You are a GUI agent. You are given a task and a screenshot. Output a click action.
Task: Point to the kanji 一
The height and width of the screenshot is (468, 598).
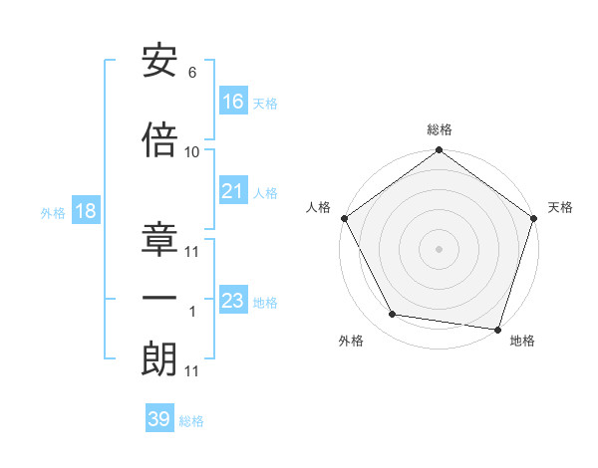(x=159, y=299)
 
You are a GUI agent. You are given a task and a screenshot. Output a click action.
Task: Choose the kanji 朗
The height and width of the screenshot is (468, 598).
(x=159, y=359)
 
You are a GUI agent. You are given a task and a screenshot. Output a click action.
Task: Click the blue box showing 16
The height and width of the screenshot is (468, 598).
(x=233, y=102)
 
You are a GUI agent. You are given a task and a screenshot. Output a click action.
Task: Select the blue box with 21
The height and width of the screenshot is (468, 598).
(x=233, y=191)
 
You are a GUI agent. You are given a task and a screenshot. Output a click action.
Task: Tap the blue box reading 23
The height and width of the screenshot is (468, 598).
(x=233, y=301)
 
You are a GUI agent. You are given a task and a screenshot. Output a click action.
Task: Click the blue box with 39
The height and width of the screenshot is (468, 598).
(x=159, y=419)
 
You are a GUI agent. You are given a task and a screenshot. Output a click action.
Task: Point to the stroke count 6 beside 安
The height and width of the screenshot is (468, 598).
(x=191, y=73)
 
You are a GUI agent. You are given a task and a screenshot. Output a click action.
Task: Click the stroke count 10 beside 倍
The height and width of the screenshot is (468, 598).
(x=192, y=151)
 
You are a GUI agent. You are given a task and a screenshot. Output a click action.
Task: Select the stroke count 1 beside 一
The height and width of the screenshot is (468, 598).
(x=192, y=312)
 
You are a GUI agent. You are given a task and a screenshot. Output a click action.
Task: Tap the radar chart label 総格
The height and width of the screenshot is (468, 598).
(x=439, y=129)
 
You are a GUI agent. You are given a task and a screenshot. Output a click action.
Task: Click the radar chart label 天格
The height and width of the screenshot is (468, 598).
(x=560, y=207)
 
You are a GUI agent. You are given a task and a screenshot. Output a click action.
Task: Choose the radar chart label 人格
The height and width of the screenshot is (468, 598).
(x=319, y=207)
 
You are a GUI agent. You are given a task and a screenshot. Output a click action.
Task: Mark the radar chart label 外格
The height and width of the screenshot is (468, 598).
(x=351, y=341)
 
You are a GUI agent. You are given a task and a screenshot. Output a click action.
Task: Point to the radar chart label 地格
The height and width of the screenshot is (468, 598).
(x=522, y=341)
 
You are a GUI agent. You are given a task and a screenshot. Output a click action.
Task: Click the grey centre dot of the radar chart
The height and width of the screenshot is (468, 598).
(x=439, y=248)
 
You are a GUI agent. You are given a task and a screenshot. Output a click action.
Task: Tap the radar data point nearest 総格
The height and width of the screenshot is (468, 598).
(x=439, y=151)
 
